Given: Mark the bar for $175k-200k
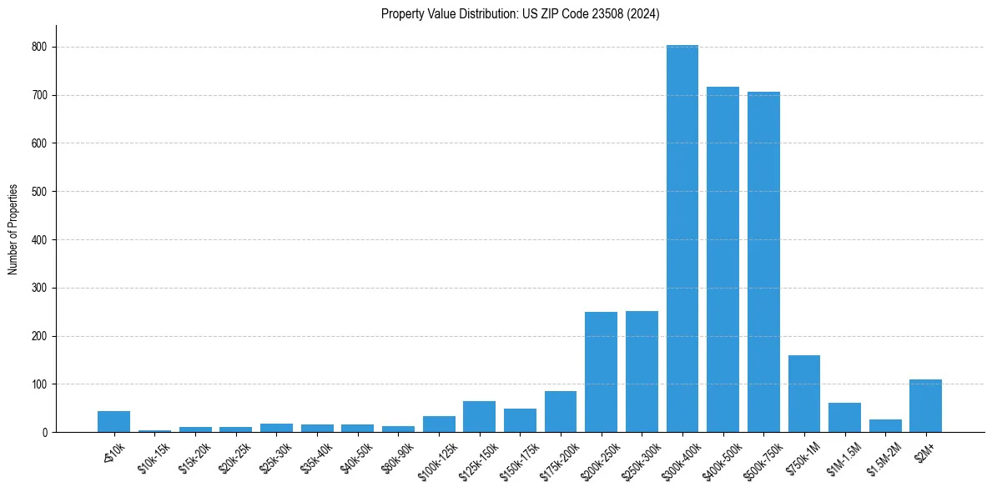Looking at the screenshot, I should pos(561,412).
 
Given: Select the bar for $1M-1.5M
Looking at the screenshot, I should pos(844,418).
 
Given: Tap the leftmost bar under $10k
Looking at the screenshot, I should pos(113,422).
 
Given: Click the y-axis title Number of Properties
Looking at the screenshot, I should pos(13,228).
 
